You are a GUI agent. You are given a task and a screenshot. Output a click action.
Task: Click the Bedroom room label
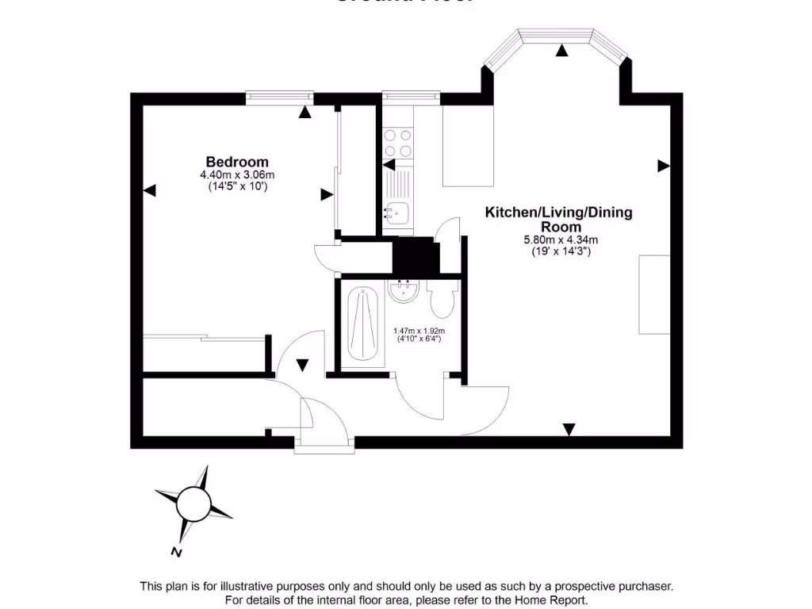tap(237, 162)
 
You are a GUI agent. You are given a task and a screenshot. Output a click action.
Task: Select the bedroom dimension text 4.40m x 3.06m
tap(237, 175)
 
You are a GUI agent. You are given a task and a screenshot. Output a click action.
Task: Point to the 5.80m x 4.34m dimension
tap(560, 240)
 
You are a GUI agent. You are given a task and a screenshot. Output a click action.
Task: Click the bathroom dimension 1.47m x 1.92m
tap(419, 331)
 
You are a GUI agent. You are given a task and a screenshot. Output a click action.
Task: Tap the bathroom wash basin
tap(404, 292)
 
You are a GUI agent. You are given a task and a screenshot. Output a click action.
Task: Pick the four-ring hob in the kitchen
tap(398, 144)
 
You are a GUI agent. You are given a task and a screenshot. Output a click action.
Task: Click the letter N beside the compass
tap(176, 552)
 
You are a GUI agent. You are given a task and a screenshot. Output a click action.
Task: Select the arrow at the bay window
tap(562, 52)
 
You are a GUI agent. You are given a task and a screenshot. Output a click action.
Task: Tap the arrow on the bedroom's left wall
tap(150, 191)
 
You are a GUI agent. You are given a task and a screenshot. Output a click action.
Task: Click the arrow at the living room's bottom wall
tap(569, 429)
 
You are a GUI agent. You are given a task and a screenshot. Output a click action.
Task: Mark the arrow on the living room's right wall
tap(664, 166)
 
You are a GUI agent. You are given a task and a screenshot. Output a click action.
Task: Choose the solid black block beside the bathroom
tap(416, 255)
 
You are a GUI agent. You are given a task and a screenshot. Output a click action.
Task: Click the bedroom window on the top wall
tap(278, 98)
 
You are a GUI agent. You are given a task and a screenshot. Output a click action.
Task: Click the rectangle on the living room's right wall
tap(656, 295)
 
